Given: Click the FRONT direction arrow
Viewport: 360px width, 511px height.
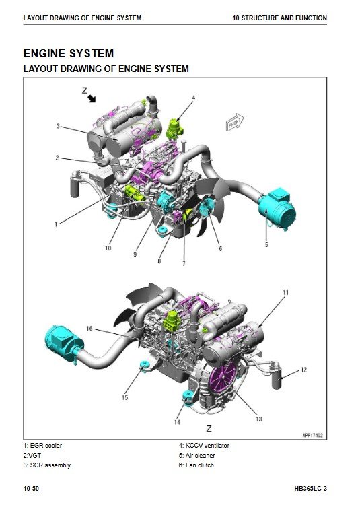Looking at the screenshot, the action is pos(235,123).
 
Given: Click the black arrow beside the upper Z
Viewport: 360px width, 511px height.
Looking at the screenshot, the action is pos(92,98).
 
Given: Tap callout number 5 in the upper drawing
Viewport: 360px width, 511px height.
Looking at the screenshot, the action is pos(266,244).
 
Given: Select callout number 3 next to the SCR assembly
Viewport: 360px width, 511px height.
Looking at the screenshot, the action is pos(58,126).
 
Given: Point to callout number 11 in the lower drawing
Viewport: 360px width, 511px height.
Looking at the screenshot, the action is pos(286,292).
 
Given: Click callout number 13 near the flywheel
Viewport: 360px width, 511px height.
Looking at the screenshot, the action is pos(258,419).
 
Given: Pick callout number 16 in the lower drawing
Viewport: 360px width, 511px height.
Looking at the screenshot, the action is pos(89,328).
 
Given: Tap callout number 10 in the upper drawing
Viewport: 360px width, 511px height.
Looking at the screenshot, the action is pos(108,248).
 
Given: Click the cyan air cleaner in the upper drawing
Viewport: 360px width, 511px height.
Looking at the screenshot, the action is pos(277,207).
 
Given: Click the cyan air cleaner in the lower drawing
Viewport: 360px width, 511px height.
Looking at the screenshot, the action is pos(64,343).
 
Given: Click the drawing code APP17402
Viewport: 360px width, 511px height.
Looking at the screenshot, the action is pos(312,435).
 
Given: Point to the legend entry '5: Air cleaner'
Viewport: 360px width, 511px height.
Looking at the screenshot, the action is pos(196,456).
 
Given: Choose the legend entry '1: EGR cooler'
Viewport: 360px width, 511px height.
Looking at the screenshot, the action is pos(42,446).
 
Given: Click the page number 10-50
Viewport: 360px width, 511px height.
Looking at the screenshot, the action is pos(31,489).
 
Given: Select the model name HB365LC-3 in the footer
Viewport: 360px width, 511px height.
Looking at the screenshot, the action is pos(310,489).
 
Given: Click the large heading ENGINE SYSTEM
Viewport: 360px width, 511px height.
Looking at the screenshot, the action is pos(69,53).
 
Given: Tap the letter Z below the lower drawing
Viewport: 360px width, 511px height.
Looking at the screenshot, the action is pos(209,429).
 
